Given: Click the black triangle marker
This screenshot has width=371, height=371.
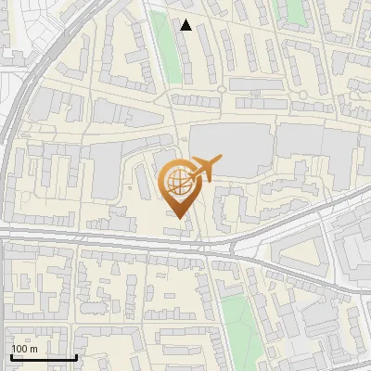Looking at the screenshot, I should pyautogui.click(x=186, y=25).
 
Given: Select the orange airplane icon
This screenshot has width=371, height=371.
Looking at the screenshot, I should pyautogui.click(x=206, y=168).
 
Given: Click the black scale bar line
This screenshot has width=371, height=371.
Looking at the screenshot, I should pyautogui.click(x=44, y=357).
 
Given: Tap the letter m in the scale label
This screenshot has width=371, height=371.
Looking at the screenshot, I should pyautogui.click(x=34, y=349).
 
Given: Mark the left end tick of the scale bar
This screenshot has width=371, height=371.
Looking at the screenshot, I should pyautogui.click(x=11, y=355).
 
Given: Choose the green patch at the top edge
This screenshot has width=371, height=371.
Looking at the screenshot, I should pyautogui.click(x=295, y=11).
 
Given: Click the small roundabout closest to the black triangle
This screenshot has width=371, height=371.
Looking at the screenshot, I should pyautogui.click(x=222, y=90).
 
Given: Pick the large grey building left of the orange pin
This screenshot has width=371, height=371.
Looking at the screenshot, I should pyautogui.click(x=107, y=172).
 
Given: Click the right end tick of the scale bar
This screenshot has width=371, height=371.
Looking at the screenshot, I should pyautogui.click(x=76, y=355).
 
